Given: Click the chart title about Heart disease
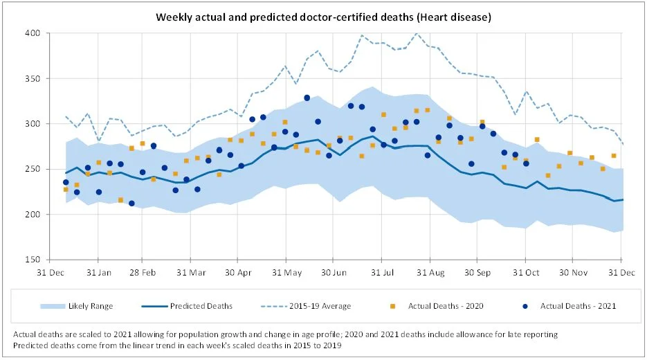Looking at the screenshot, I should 323,16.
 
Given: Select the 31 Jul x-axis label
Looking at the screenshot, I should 382,272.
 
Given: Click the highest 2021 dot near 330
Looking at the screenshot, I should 307,98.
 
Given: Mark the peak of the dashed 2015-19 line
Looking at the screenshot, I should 417,33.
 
